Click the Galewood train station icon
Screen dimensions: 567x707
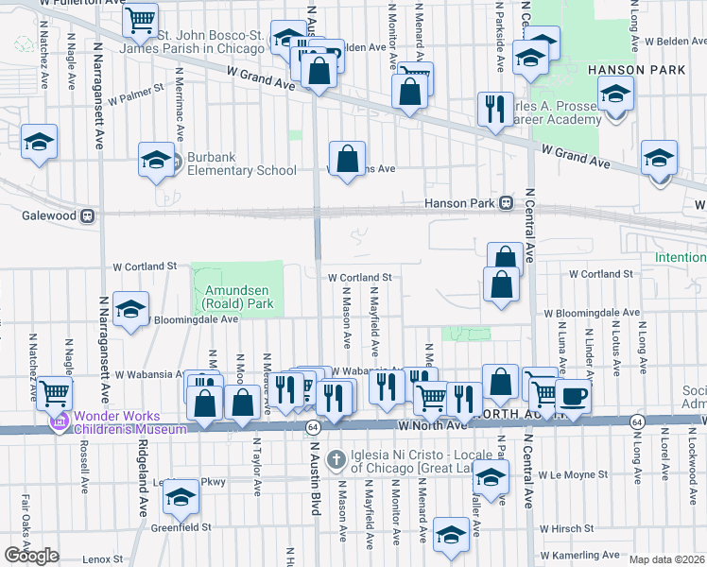coord(87,215)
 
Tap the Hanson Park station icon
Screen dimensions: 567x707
coord(506,202)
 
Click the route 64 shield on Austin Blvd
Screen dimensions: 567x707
coord(312,428)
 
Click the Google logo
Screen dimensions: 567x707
coord(31,556)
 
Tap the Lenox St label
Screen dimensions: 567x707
coord(96,559)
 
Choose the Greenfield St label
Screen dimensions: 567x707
coord(180,526)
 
